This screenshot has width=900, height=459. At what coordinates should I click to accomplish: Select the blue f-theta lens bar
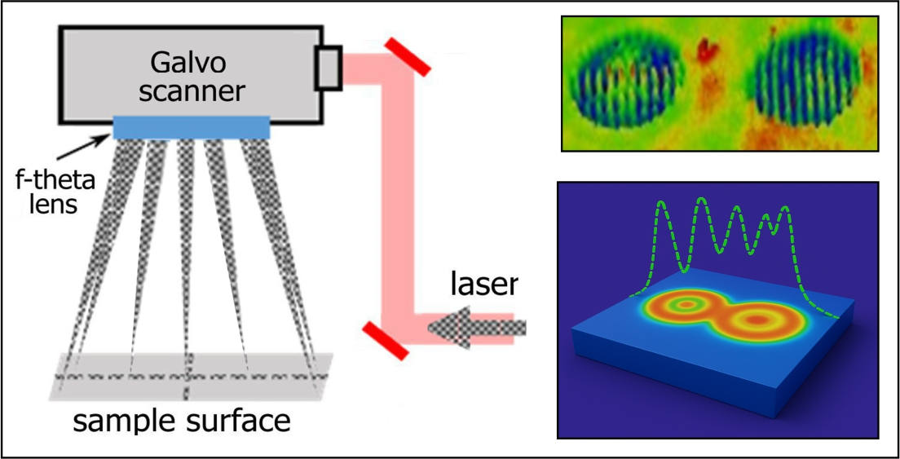[191, 127]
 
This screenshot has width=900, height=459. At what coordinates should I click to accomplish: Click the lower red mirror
[382, 340]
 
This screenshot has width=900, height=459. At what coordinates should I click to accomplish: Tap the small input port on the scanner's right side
[329, 68]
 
